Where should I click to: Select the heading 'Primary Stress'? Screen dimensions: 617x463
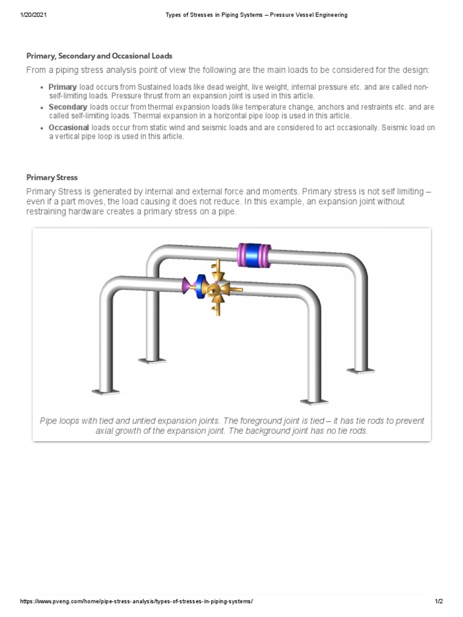pos(52,178)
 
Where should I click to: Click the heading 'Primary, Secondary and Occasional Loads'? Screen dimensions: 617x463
pos(99,56)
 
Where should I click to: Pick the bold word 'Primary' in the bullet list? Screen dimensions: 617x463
pos(63,87)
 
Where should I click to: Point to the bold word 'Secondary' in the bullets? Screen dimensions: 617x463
pos(68,107)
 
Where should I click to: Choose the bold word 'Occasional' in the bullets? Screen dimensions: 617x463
pos(69,128)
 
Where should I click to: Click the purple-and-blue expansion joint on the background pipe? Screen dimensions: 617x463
pos(253,255)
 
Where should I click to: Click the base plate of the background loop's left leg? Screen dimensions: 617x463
pos(152,361)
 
